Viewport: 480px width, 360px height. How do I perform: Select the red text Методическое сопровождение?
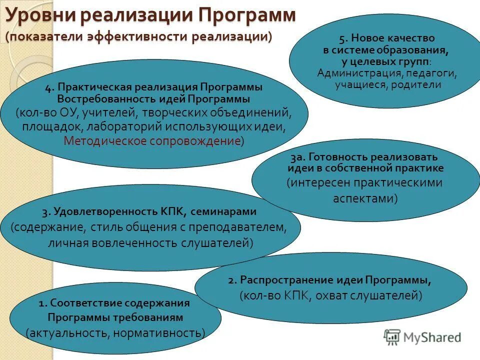(152, 140)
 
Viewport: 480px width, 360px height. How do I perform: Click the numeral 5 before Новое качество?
(341, 38)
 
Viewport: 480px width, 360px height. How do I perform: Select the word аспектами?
(362, 198)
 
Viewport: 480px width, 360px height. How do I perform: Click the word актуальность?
(68, 332)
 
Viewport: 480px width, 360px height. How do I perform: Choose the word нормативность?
(160, 332)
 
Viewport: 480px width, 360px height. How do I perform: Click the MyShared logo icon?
(392, 337)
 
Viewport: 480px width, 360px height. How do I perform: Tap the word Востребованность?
(102, 98)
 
